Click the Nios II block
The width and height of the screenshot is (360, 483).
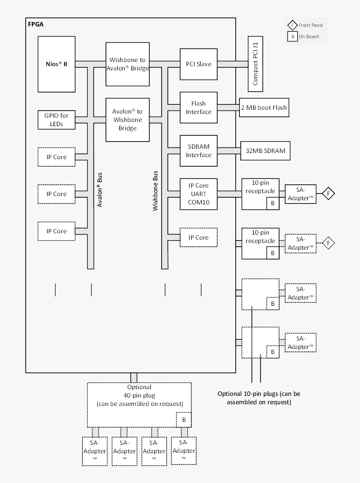56,64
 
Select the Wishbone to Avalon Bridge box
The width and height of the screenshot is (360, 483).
127,64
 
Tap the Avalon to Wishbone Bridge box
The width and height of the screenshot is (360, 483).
127,120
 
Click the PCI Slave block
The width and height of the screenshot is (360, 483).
198,64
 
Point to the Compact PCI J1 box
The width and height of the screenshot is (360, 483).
255,64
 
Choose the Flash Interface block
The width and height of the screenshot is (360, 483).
198,108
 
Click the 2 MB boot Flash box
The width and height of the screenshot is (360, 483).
264,108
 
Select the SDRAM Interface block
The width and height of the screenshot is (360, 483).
198,151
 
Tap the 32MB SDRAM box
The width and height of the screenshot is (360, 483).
265,151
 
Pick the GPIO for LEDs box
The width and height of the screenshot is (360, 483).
56,120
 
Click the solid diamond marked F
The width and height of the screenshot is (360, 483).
329,194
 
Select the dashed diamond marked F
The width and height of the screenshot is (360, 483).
329,243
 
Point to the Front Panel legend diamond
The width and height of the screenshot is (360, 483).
292,25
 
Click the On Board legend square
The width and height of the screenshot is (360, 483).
292,36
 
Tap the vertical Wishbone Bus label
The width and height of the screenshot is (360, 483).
155,191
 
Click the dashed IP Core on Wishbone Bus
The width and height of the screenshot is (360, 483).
198,238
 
